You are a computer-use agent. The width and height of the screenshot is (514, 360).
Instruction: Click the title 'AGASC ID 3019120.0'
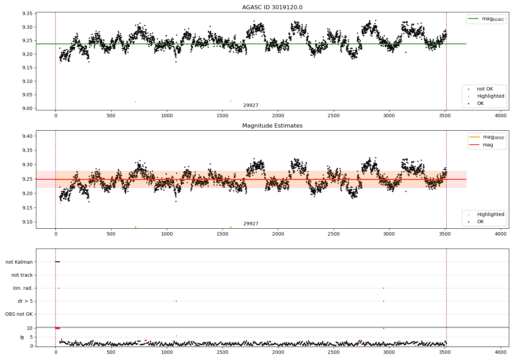click(272, 8)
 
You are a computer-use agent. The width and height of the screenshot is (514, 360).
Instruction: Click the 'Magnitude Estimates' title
click(272, 126)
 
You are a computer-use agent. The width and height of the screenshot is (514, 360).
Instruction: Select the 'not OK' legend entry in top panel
click(485, 89)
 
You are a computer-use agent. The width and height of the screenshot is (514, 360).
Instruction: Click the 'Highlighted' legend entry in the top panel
click(490, 96)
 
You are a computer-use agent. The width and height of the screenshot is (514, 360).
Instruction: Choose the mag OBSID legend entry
click(493, 137)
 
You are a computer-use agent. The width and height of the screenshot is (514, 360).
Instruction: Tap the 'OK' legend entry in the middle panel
click(480, 222)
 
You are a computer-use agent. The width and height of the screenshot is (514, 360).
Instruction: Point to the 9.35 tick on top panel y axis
click(27, 14)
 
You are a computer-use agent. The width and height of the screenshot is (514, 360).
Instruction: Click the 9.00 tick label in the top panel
click(27, 108)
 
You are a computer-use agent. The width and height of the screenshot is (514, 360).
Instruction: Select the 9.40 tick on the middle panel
click(27, 136)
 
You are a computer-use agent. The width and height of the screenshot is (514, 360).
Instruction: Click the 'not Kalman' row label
click(19, 262)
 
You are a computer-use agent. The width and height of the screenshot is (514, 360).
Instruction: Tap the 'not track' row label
click(22, 275)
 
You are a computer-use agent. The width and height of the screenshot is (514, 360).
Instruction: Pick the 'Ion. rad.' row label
click(23, 288)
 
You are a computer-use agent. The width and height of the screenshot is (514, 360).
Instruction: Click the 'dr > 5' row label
click(25, 301)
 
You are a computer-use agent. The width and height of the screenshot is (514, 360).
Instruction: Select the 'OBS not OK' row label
click(19, 314)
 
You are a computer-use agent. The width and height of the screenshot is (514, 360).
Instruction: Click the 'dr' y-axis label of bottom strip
click(22, 337)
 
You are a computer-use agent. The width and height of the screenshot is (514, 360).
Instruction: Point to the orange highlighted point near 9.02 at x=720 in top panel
click(135, 102)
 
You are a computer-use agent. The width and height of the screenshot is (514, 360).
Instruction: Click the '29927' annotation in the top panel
click(251, 106)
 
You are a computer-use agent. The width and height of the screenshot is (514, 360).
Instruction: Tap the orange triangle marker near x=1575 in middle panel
click(231, 227)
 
